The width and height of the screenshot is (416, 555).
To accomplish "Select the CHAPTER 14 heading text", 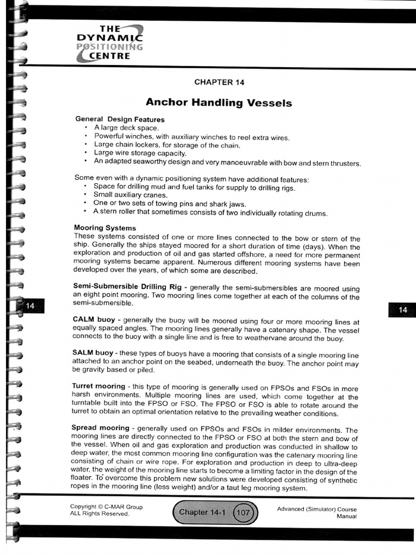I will (219, 82).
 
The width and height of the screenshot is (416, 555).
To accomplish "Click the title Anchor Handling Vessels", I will (219, 102).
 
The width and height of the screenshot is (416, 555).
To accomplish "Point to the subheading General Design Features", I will (120, 119).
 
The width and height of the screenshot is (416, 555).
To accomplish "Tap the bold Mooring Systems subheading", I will (105, 228).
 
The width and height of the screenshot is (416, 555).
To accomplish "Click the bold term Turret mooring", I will (98, 386).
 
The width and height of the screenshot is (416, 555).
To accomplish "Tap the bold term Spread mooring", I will (99, 428).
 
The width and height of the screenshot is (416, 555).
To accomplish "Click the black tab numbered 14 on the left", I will (30, 306).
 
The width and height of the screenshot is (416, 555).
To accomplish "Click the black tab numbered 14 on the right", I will (402, 309).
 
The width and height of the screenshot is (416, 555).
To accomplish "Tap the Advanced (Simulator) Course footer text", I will (316, 509).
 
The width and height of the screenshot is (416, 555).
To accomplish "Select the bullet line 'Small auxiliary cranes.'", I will (131, 195).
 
